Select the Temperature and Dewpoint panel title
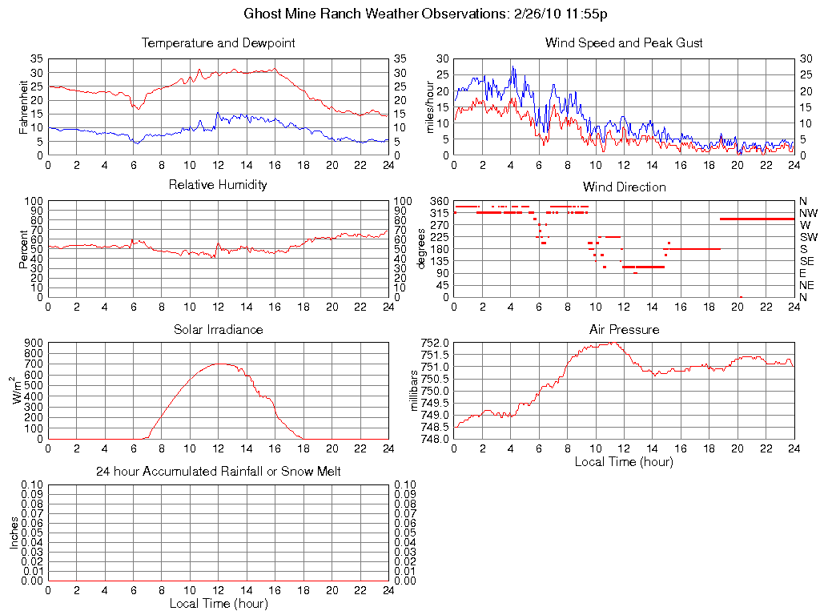coord(218,42)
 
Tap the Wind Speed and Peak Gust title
coord(624,42)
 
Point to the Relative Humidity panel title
coord(218,185)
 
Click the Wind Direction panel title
coord(624,187)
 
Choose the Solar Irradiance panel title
coord(218,329)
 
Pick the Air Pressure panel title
coord(624,329)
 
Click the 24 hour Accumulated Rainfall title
coord(218,472)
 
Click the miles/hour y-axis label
coord(430,107)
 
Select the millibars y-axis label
coord(415,390)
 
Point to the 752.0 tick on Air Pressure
coord(436,343)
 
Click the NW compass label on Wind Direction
coord(807,213)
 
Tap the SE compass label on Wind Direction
coord(807,261)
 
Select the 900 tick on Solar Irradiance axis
coord(33,343)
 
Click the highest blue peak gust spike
coord(512,66)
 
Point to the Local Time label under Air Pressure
coord(624,461)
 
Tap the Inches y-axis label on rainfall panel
coord(14,533)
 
